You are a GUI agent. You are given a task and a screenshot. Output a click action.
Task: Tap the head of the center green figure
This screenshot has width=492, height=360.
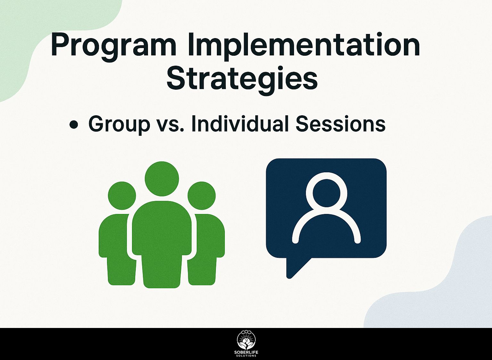162,179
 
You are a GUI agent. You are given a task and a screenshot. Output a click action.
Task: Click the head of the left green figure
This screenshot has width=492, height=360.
122,196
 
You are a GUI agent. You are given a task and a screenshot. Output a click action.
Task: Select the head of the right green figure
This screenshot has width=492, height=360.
201,196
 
